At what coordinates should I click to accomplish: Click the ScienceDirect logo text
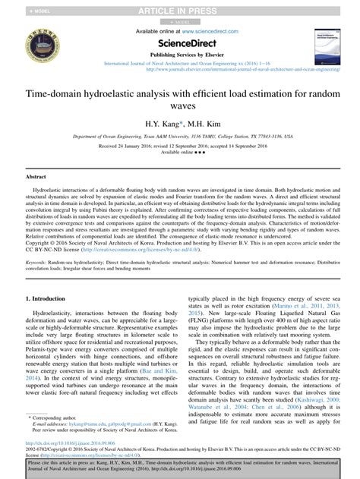tap(179, 43)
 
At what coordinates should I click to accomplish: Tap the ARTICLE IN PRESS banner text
tap(179, 10)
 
